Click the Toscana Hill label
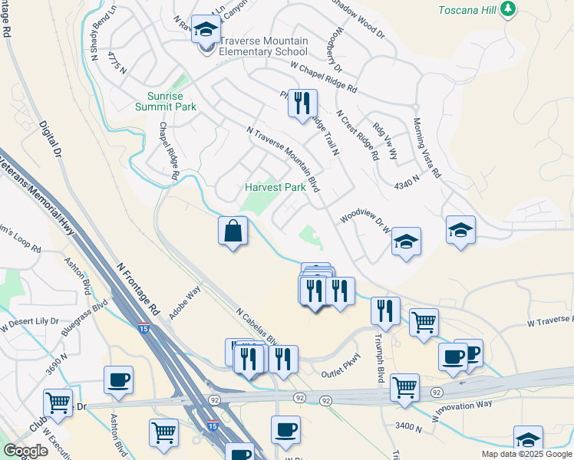(x=466, y=10)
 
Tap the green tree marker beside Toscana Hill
(x=508, y=9)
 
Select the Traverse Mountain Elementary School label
(x=263, y=46)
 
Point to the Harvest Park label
(x=275, y=187)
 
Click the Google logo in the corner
(x=25, y=451)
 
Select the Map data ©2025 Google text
(x=526, y=454)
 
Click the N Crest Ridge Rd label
(x=358, y=134)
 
